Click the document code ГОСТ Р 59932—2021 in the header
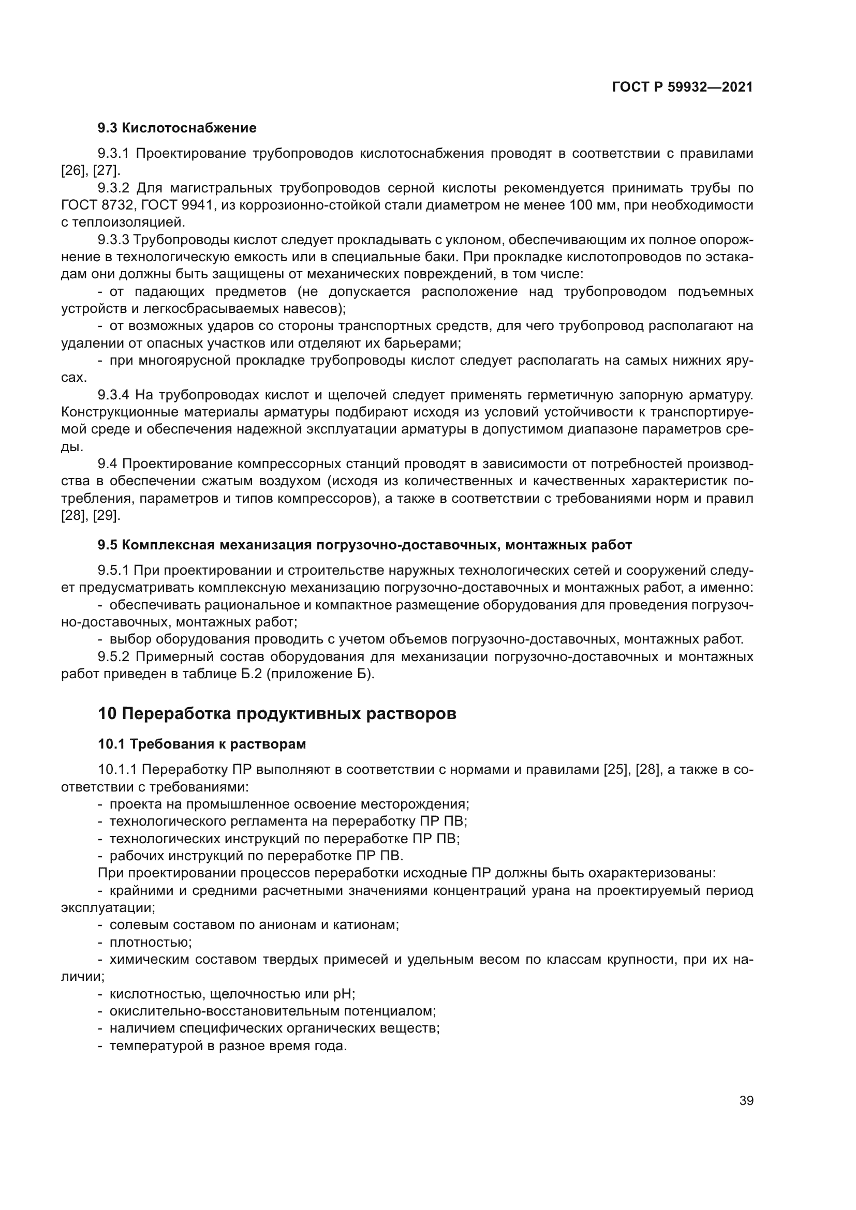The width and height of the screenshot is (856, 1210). [x=682, y=87]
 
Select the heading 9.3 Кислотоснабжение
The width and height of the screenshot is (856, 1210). [x=177, y=128]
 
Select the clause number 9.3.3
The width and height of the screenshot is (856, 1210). [x=113, y=240]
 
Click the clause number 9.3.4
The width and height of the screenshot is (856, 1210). [x=113, y=395]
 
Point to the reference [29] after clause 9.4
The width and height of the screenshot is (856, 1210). [x=107, y=515]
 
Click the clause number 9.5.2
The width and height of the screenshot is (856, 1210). [x=113, y=656]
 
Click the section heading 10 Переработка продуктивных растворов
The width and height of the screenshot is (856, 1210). [x=277, y=713]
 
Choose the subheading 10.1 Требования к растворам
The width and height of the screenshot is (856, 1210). [x=202, y=744]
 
